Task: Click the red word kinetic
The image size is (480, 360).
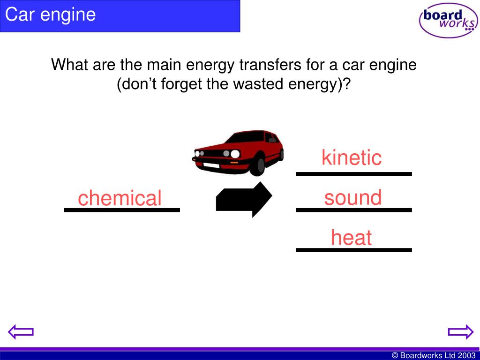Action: pyautogui.click(x=352, y=157)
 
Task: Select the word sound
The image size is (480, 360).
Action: pyautogui.click(x=353, y=198)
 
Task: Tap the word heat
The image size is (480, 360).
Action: pyautogui.click(x=351, y=238)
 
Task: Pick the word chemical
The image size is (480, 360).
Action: pyautogui.click(x=120, y=198)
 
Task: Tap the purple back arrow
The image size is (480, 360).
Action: pyautogui.click(x=22, y=332)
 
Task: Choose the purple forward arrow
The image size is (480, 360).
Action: pyautogui.click(x=460, y=332)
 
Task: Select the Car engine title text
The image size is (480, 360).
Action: pyautogui.click(x=51, y=15)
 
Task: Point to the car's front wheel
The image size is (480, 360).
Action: pyautogui.click(x=257, y=165)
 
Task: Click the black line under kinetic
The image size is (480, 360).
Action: pyautogui.click(x=354, y=174)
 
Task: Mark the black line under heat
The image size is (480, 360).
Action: pyautogui.click(x=354, y=250)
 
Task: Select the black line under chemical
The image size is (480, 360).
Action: pyautogui.click(x=122, y=210)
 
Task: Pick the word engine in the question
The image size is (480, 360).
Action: pyautogui.click(x=391, y=65)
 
